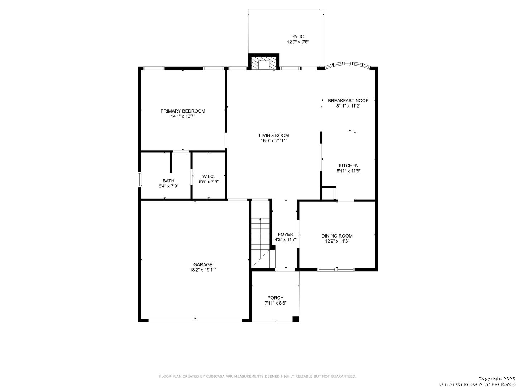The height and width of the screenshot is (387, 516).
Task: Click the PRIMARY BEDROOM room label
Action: click(183, 111)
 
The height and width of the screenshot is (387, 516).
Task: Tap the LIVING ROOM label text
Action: click(274, 135)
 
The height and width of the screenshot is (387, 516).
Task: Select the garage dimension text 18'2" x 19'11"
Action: click(203, 270)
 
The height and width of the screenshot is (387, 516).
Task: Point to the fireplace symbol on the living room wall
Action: click(264, 62)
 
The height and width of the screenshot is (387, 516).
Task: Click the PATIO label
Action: click(298, 37)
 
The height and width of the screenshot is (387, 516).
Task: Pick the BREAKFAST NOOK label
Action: click(348, 101)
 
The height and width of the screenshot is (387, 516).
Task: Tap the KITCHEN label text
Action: click(348, 166)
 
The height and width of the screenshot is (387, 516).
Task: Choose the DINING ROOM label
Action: click(337, 236)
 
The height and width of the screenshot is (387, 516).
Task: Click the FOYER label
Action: click(286, 234)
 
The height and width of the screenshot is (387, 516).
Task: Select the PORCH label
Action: click(276, 298)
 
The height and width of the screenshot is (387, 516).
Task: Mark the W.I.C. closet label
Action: click(209, 176)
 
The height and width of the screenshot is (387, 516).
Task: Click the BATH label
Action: click(168, 181)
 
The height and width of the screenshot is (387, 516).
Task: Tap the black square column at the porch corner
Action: click(296, 319)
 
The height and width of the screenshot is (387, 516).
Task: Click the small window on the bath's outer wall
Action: click(140, 180)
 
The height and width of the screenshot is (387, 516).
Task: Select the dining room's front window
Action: click(336, 269)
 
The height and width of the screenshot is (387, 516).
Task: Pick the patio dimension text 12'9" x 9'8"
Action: click(298, 42)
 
